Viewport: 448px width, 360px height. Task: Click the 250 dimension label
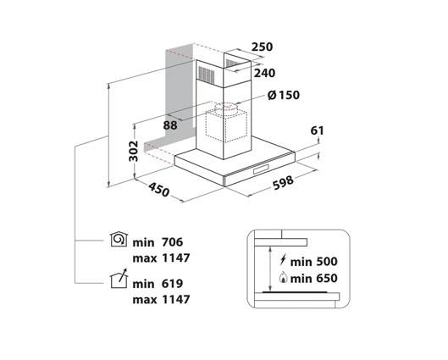coord(262,47)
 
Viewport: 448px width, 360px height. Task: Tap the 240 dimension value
coord(264,74)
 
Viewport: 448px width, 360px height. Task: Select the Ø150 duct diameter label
coord(284,95)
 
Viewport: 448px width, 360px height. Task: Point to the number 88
coord(170,125)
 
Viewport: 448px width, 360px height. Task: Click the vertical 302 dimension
coord(134,151)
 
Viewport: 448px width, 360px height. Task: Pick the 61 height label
coord(317,130)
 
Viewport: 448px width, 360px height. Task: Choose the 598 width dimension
coord(283,183)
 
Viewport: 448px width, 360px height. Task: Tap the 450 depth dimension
coord(159,190)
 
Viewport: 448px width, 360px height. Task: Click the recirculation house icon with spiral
coord(119,239)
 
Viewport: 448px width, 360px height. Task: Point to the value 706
coord(172,242)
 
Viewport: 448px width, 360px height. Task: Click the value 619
coord(172,284)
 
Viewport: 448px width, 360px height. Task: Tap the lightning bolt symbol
coord(283,260)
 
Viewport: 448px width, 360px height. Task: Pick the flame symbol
coord(283,277)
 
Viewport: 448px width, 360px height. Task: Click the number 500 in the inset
coord(326,262)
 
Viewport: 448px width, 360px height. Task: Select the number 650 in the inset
coord(326,279)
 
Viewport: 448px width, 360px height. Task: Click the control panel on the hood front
coord(262,169)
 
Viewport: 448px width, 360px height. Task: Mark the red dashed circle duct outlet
coord(226,106)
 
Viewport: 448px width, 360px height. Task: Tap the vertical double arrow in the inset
coord(269,269)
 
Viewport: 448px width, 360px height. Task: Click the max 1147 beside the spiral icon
coord(161,258)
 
